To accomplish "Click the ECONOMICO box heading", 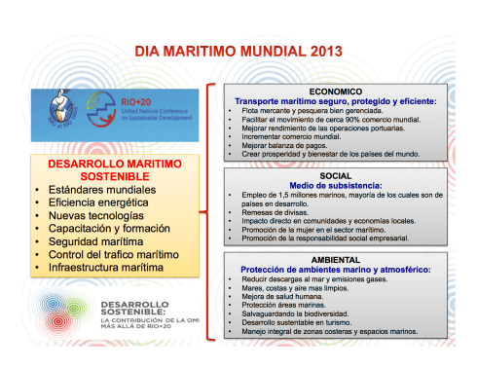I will [347, 89].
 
